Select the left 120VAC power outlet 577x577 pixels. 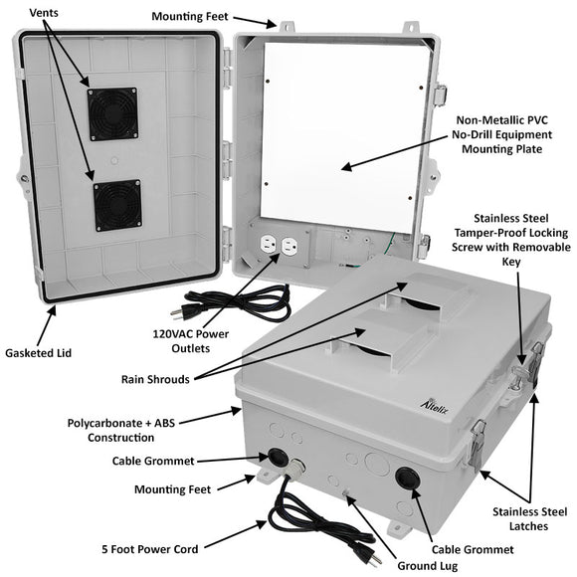pos(267,246)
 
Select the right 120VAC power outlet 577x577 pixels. pos(290,246)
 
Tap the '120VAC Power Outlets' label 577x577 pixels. pos(190,341)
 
